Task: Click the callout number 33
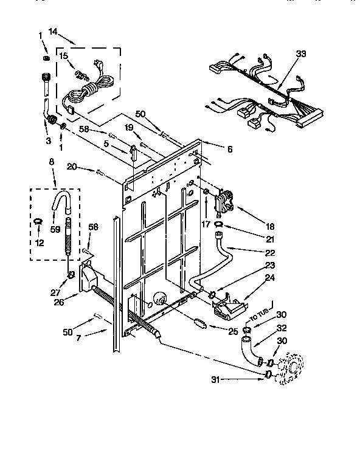tap(300, 53)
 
